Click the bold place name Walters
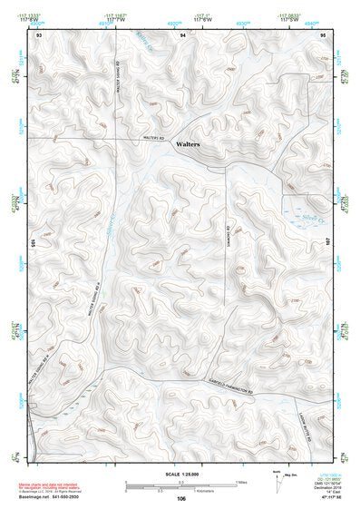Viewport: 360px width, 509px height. coord(188,144)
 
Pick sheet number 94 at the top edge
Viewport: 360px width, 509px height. coord(182,34)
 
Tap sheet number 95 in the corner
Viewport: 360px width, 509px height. coord(323,34)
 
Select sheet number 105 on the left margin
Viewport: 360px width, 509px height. coord(34,244)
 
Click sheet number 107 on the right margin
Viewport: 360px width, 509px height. coord(328,244)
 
